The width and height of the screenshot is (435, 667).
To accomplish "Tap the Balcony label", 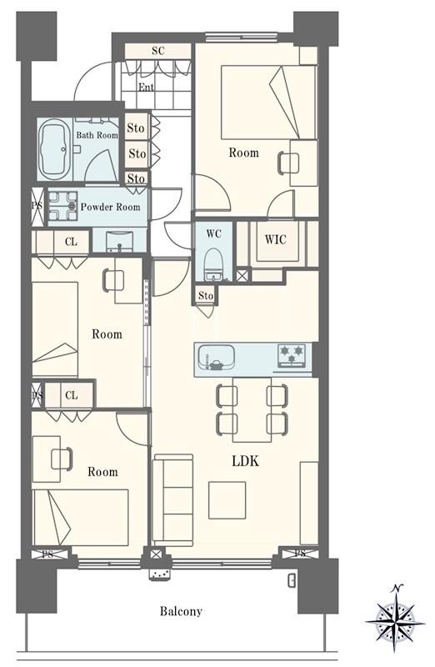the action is coord(181,611).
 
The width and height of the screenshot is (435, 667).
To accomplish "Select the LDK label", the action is coord(245,461).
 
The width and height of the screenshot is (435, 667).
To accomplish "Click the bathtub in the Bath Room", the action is coord(55,149).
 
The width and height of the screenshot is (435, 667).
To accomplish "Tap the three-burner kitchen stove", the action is coord(292,355).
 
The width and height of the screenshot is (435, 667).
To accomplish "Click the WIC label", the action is coord(276,239).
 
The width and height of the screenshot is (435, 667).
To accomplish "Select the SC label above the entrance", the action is coord(157,51).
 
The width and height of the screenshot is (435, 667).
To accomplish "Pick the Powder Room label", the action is coord(110,207).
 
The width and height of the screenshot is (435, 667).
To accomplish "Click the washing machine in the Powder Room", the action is coord(63,206).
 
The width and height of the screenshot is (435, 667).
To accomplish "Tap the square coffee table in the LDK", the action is coord(227,500).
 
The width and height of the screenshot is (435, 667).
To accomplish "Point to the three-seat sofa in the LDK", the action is coord(172,500).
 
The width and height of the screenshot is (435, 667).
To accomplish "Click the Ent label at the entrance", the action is coord(147,88).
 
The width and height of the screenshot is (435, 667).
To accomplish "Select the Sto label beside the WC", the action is coord(206,296).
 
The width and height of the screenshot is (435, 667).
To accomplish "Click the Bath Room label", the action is coord(97,135).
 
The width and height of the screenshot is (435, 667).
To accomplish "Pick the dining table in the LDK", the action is coord(252,409).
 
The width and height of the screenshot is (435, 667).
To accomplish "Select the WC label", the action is coord(213,234).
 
